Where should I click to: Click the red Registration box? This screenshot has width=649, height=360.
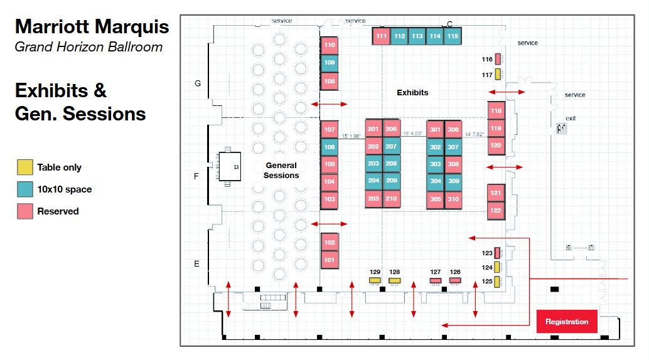point(567,322)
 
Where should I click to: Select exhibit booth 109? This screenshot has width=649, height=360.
point(330,63)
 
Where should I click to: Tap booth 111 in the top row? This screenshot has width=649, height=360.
point(381,36)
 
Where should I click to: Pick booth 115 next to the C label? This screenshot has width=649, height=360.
point(453,36)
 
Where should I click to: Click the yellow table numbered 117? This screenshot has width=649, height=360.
point(498,75)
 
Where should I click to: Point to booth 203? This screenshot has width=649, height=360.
point(373,164)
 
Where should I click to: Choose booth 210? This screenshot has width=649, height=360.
point(391,199)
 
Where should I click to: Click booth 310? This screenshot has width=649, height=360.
point(453,199)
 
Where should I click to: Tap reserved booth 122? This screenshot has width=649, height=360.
point(496,211)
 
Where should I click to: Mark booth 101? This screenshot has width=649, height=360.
point(330,259)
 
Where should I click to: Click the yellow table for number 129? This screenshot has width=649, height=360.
point(375,280)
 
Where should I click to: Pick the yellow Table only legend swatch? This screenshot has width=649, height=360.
point(24,167)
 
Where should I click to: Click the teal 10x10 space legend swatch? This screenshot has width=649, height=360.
point(24,189)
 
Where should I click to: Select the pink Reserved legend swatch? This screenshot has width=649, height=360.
point(24,211)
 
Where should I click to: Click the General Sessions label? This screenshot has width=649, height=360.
point(281,171)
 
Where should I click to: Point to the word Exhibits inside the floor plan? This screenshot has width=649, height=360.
point(412,93)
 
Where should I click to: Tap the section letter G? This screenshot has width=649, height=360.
point(198,83)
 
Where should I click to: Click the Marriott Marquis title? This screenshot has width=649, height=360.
point(92,27)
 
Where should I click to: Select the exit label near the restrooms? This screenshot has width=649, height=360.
point(571,119)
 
